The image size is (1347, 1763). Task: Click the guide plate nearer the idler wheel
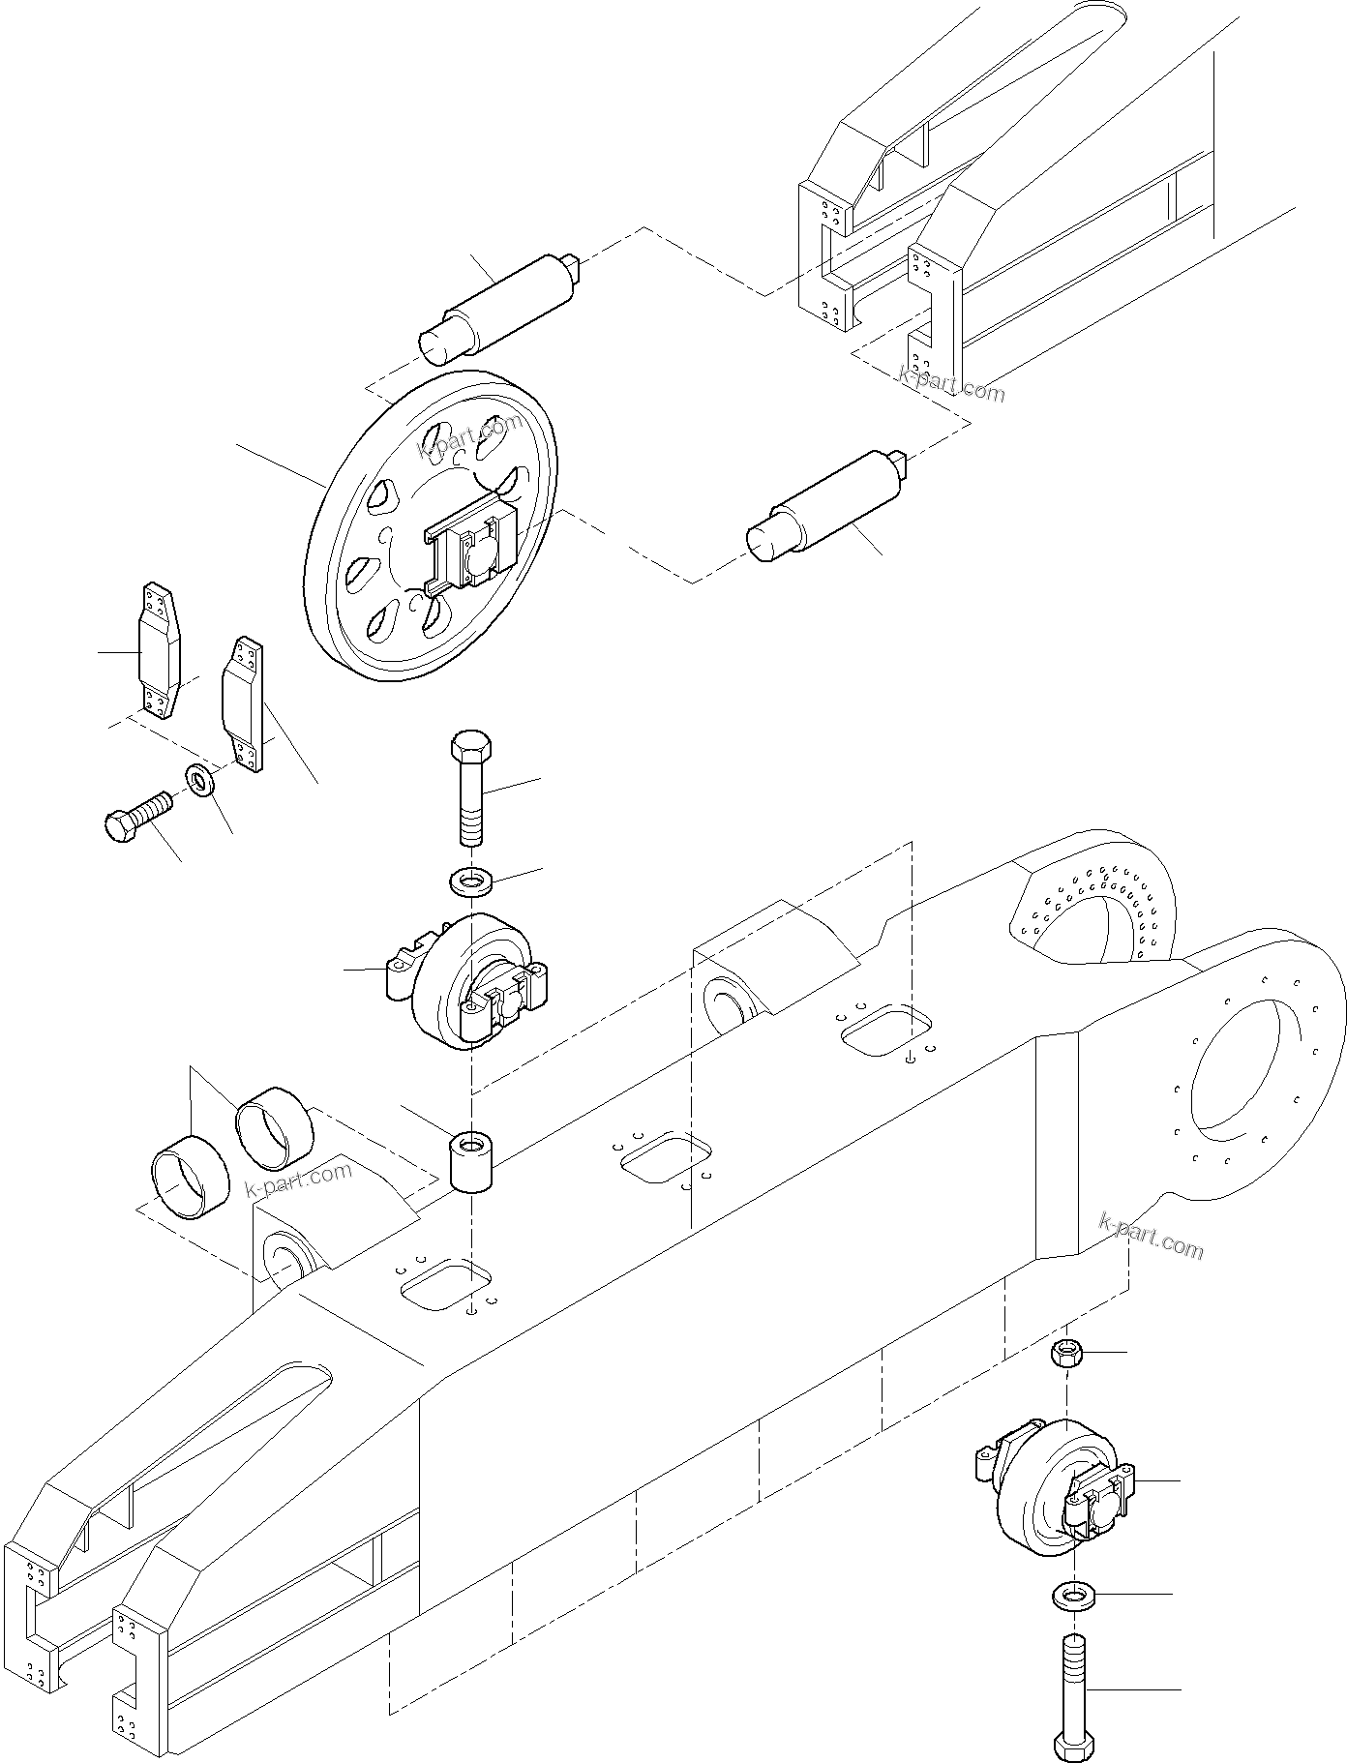point(243,702)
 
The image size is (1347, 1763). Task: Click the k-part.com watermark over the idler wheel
point(469,435)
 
